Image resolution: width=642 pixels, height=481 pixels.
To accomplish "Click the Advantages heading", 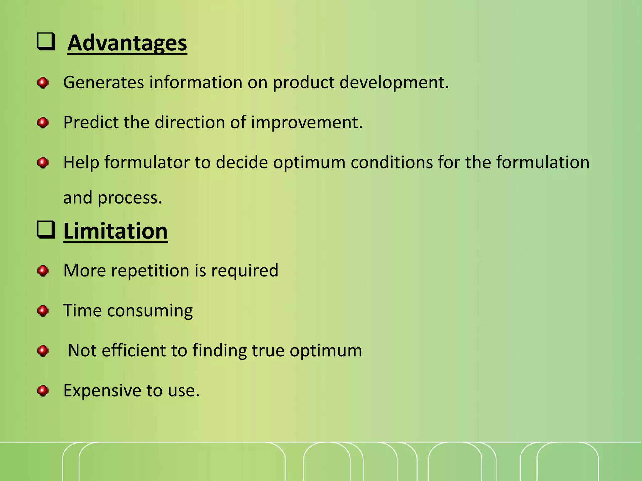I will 127,43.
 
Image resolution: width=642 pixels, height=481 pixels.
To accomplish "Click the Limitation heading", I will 115,231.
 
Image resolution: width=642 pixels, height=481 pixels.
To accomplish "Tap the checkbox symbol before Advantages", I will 46,42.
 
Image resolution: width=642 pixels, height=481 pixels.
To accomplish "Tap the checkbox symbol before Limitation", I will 46,230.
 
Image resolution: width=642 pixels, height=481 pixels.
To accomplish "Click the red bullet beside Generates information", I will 43,83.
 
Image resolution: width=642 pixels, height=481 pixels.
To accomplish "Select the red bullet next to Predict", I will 43,123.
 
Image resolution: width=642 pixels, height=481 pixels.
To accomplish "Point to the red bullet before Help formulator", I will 43,163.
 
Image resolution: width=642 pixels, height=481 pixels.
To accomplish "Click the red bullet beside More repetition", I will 43,271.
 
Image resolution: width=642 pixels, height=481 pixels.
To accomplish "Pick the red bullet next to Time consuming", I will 43,311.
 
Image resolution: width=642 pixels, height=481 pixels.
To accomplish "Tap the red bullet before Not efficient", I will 43,351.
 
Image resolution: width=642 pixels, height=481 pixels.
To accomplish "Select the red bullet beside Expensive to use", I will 43,391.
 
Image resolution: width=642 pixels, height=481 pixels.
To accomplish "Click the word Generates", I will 103,83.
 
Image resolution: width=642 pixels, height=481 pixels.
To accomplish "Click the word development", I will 394,83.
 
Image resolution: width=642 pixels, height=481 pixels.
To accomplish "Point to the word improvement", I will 307,122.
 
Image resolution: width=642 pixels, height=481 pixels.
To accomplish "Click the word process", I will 130,198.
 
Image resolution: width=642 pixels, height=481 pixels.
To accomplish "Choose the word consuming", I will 150,311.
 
